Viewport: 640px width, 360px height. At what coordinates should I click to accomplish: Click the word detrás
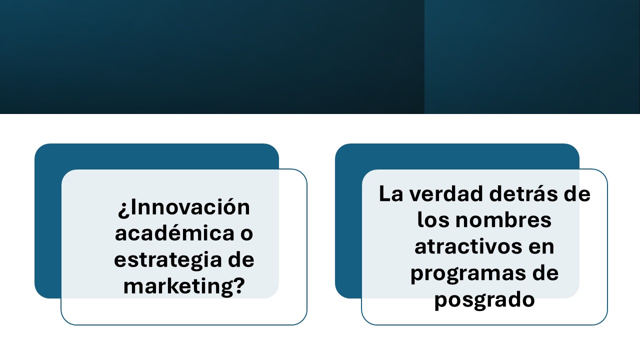tap(522, 193)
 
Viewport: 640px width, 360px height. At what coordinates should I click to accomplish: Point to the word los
tap(433, 219)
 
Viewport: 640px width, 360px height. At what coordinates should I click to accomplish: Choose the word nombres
tap(503, 219)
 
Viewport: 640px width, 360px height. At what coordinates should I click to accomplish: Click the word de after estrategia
tap(241, 259)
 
